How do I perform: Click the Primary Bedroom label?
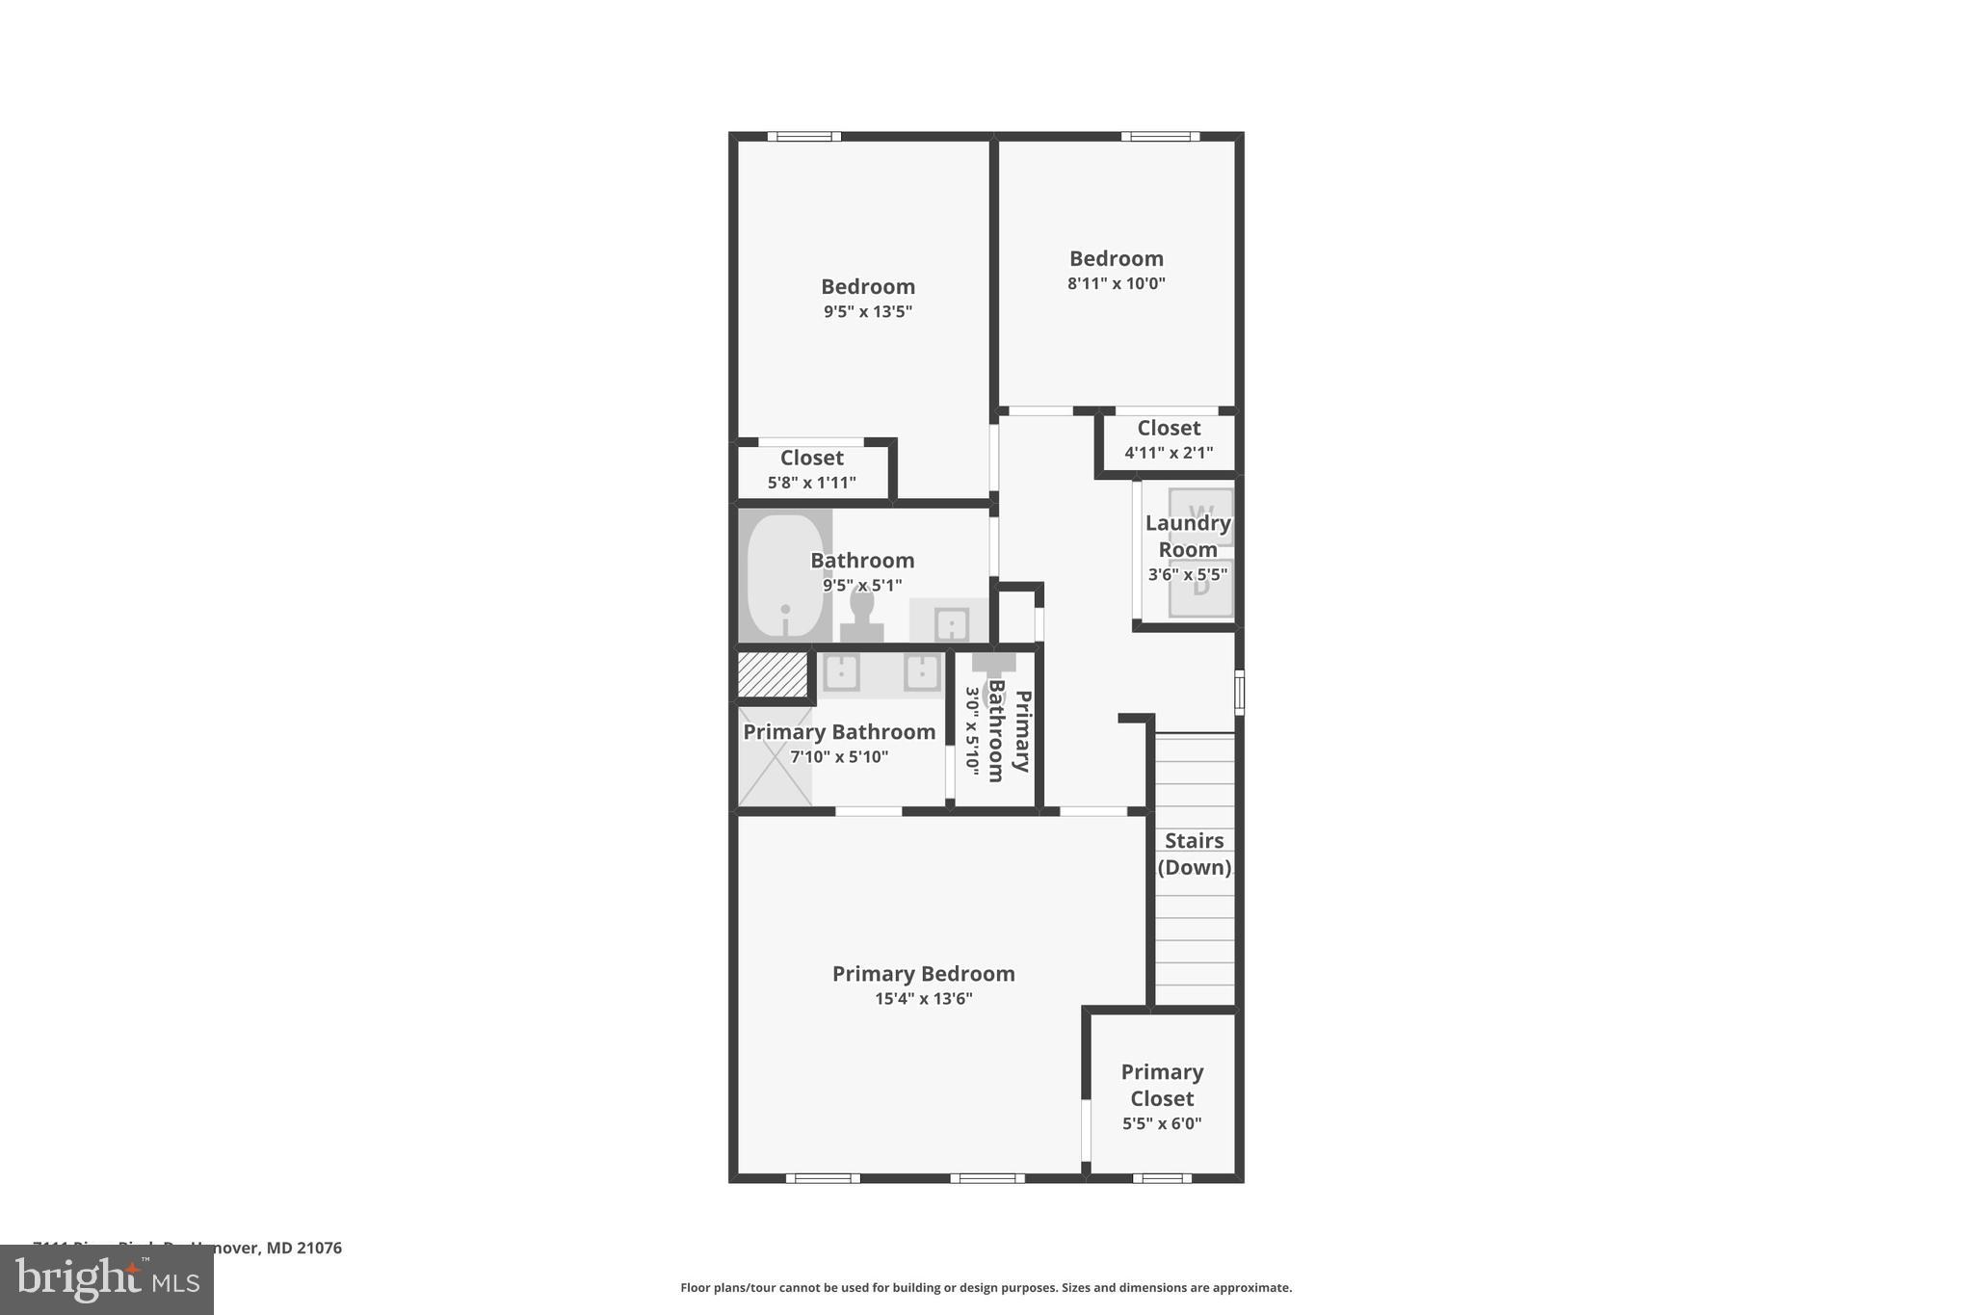(923, 973)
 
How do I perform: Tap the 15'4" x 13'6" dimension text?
(923, 999)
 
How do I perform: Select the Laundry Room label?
(1187, 537)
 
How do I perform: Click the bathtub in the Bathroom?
(785, 575)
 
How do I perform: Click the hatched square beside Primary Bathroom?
(772, 674)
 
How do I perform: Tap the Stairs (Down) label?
(1194, 854)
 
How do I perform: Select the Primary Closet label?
(1162, 1085)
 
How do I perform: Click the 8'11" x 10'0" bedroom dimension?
(1116, 284)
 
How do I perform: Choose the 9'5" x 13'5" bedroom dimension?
(867, 312)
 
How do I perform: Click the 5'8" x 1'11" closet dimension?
(811, 483)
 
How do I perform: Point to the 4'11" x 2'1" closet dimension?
(1168, 453)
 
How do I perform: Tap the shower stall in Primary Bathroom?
(775, 756)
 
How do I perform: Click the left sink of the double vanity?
(841, 672)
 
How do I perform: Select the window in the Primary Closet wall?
(1161, 1177)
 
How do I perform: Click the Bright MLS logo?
(106, 1279)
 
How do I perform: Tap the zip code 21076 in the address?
(319, 1248)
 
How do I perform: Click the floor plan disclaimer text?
(986, 1287)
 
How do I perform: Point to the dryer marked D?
(1200, 588)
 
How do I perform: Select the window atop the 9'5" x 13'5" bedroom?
(803, 137)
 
